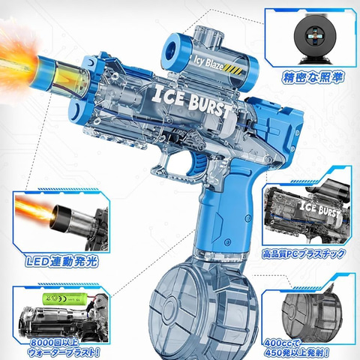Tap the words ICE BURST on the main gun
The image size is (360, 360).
pos(192,100)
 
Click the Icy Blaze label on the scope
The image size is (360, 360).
pos(208,62)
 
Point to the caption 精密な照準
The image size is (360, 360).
pos(312,77)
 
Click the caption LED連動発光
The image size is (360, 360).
pos(61,261)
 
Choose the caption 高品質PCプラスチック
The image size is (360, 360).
pos(304,254)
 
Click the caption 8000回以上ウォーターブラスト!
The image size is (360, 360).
pos(64,347)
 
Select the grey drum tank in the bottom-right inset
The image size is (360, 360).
pos(311,313)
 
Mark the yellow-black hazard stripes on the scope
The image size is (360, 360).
pos(233,69)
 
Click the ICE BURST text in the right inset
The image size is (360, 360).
pos(320,209)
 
